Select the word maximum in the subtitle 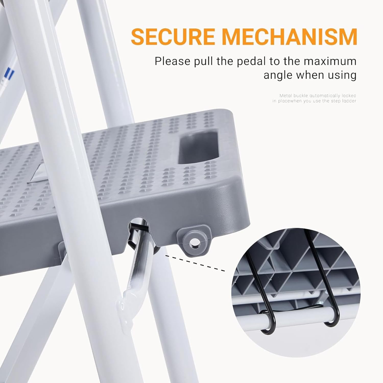point(330,62)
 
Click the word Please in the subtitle point(173,62)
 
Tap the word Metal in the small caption point(285,96)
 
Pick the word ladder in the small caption point(349,101)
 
